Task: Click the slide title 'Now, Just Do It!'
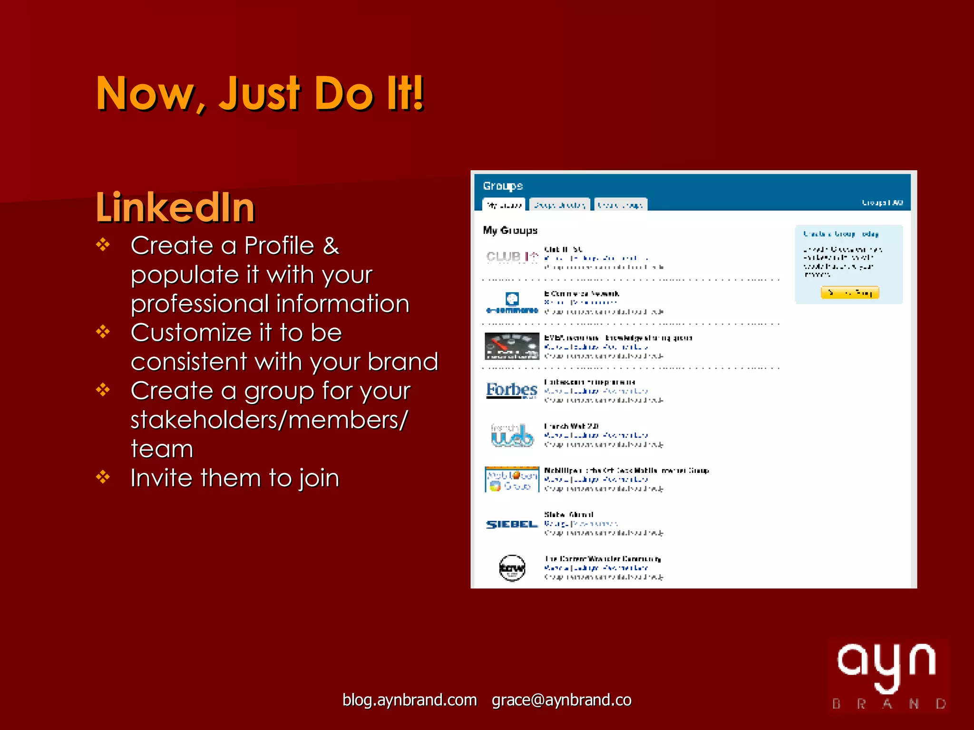(x=260, y=94)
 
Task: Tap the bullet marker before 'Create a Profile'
(x=103, y=245)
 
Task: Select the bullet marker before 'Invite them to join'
(x=103, y=477)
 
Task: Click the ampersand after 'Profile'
(x=331, y=246)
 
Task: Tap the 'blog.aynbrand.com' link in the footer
(x=409, y=700)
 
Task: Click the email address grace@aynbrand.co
(x=561, y=700)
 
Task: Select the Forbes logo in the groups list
(x=511, y=390)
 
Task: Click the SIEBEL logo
(x=512, y=524)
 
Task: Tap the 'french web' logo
(x=512, y=435)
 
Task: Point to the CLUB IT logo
(x=512, y=257)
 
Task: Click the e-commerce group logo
(x=512, y=302)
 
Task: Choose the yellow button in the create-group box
(x=849, y=292)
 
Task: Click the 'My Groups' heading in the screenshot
(x=510, y=231)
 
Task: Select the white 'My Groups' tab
(x=504, y=205)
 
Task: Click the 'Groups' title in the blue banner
(x=503, y=186)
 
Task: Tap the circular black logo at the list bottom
(x=512, y=568)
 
